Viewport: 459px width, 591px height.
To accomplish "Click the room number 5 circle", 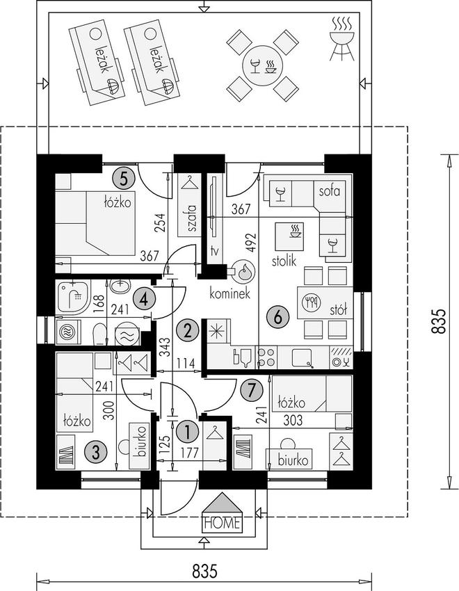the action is coord(123,178).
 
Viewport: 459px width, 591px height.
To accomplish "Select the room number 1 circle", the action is coord(187,432).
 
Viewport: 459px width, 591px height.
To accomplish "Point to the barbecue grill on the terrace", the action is coord(341,39).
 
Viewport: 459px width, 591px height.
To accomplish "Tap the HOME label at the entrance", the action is coord(222,523).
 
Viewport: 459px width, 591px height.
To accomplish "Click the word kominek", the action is coord(230,293).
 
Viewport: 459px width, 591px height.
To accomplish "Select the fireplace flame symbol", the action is coord(243,271).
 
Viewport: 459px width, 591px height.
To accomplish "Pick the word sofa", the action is coord(330,191).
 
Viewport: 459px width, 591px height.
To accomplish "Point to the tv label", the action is coord(214,250).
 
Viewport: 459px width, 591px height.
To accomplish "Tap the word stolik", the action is coord(284,261).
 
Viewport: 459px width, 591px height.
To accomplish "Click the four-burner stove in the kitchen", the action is coord(266,357).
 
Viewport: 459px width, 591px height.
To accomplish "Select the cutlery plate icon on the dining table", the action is coord(312,302).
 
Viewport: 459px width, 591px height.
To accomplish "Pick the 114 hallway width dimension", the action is coord(186,364).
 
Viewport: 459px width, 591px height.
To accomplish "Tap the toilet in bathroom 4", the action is coord(99,334).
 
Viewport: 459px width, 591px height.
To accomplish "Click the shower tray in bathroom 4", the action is coord(73,298).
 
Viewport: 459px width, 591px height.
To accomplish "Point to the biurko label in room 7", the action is coord(293,460).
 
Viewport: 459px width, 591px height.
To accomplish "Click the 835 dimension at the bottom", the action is coord(204,571).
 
